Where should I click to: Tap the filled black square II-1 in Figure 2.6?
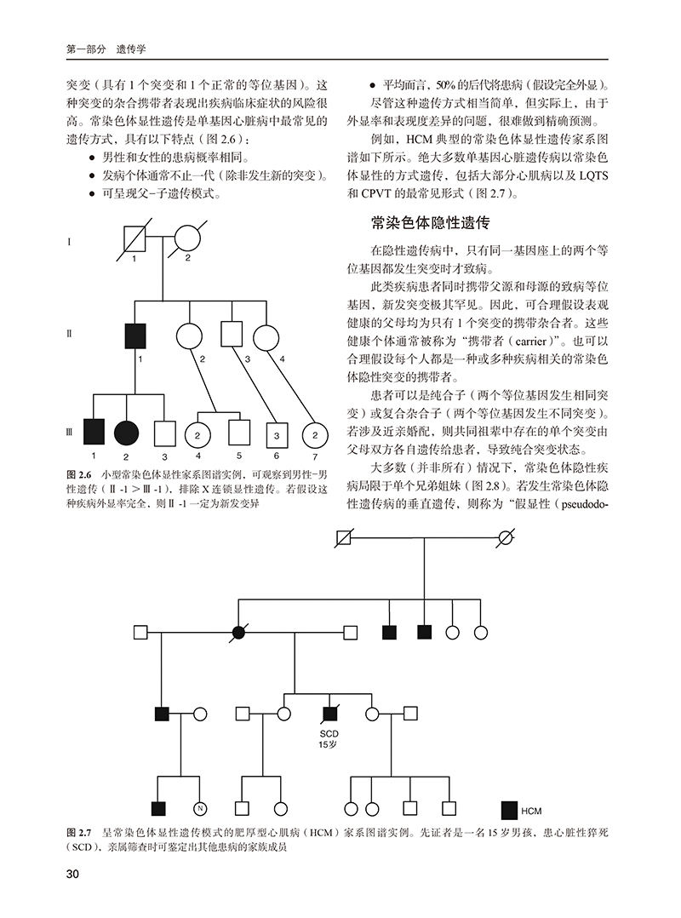pos(136,335)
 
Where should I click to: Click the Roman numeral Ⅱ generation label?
pos(68,334)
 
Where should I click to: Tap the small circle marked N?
pos(202,807)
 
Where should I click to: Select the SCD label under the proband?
pos(329,733)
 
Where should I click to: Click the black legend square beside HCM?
pos(509,809)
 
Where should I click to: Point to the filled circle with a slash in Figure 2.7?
pos(239,632)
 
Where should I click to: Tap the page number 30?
pos(72,875)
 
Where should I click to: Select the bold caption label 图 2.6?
pos(78,473)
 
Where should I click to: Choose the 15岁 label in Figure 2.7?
pos(329,745)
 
